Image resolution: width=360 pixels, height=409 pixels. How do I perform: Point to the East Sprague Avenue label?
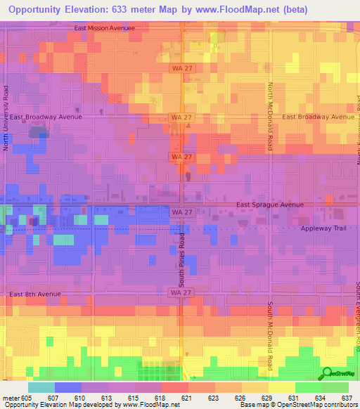click(270, 204)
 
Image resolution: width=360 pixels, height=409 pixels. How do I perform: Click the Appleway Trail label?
click(324, 229)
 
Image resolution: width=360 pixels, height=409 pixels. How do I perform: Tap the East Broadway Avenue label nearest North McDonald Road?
click(319, 117)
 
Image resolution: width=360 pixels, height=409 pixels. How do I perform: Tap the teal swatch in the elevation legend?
click(41, 387)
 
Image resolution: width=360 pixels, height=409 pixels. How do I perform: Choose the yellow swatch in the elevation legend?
click(281, 387)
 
